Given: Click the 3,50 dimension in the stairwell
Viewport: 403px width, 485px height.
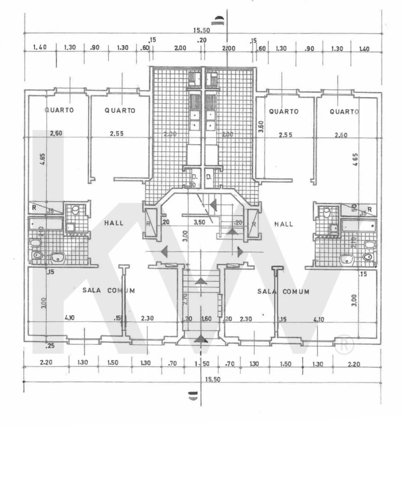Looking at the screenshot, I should pyautogui.click(x=199, y=222).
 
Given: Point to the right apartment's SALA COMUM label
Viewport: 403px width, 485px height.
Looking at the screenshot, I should pyautogui.click(x=283, y=292).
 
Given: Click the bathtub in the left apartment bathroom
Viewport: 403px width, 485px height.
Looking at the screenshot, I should pyautogui.click(x=45, y=223).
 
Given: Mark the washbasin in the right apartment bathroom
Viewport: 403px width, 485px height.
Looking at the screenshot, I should pyautogui.click(x=347, y=259).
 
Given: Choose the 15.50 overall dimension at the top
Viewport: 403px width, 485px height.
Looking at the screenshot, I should pyautogui.click(x=201, y=30).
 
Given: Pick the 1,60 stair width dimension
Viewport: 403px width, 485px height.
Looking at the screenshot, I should pyautogui.click(x=206, y=319).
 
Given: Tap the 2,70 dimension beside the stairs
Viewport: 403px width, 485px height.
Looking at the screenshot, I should pyautogui.click(x=185, y=300).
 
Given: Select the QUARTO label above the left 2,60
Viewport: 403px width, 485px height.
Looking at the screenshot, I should pyautogui.click(x=59, y=110).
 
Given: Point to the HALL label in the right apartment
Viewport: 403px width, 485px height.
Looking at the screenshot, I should pyautogui.click(x=284, y=224).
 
